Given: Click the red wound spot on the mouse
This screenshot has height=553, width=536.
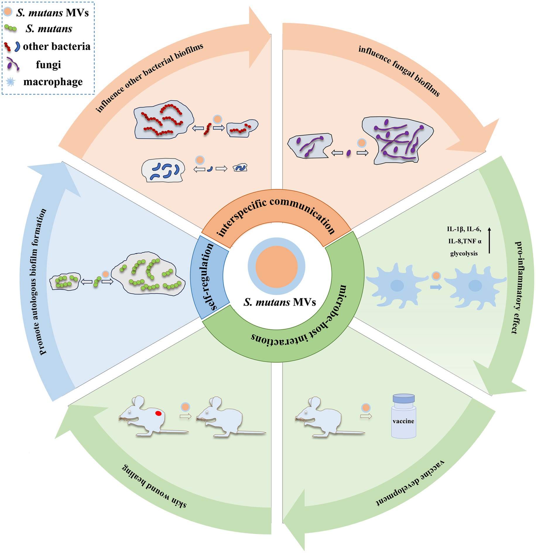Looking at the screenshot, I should [x=158, y=413].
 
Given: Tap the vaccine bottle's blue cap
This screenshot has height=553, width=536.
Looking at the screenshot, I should [x=404, y=398].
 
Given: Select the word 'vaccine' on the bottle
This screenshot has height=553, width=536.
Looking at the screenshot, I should [x=403, y=421].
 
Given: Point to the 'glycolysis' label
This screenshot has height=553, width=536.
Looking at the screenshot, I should [x=464, y=254].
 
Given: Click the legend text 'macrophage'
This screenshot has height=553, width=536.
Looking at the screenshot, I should [x=53, y=82].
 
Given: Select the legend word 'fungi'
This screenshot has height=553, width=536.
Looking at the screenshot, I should [x=48, y=64].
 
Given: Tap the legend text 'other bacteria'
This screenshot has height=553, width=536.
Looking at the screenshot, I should [x=56, y=46].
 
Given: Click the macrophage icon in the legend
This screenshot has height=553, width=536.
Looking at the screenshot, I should [x=11, y=82].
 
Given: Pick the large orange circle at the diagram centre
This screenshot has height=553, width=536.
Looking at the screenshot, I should [x=277, y=266].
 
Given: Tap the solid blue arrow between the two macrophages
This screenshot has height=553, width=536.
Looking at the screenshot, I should [x=436, y=287].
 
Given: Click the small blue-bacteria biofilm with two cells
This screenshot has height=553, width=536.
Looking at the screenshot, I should [x=240, y=168].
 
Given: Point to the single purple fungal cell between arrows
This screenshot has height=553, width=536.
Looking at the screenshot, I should [x=348, y=153].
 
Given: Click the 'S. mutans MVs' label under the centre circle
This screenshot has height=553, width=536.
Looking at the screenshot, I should [x=280, y=302].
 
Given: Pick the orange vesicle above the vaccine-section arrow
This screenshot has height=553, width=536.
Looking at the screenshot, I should [x=366, y=408].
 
